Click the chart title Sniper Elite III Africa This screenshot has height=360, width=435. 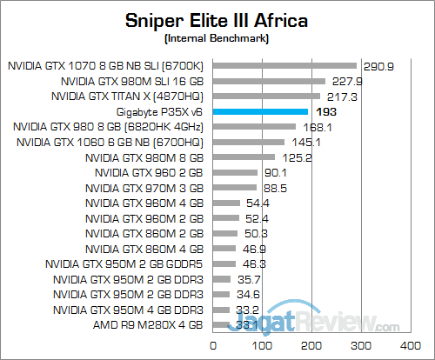217,20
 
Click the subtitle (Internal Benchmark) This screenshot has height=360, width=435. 217,39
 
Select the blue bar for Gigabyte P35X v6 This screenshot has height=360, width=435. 260,111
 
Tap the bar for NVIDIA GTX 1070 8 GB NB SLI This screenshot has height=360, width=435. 284,64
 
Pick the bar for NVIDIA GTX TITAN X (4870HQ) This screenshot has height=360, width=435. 266,96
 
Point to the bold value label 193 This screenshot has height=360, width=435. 325,112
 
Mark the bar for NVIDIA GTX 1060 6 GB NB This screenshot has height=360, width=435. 248,143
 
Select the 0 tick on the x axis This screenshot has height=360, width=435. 213,345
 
